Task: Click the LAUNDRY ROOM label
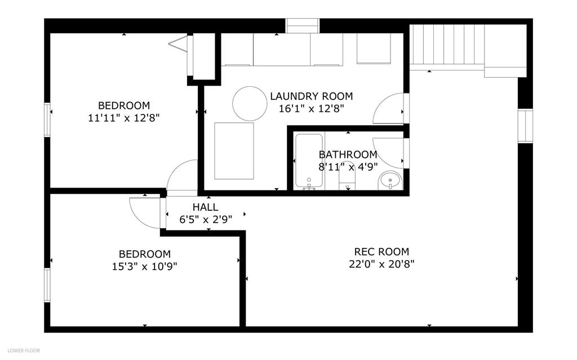coord(311,96)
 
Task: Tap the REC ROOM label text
coord(381,252)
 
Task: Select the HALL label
coord(205,207)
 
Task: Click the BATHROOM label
coord(348,154)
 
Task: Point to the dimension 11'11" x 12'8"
coord(123,118)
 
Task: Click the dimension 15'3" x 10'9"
coord(145,266)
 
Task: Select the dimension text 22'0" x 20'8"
coord(381,264)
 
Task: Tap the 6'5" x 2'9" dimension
coord(206,220)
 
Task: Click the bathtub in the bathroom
coord(309,161)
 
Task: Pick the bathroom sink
coord(390,181)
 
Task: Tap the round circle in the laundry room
coord(250,104)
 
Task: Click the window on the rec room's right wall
coord(525,126)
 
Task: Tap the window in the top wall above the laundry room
coord(302,26)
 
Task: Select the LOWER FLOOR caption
coord(24,350)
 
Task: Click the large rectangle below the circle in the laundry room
coord(234,151)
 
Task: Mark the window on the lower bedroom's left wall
coord(47,285)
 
